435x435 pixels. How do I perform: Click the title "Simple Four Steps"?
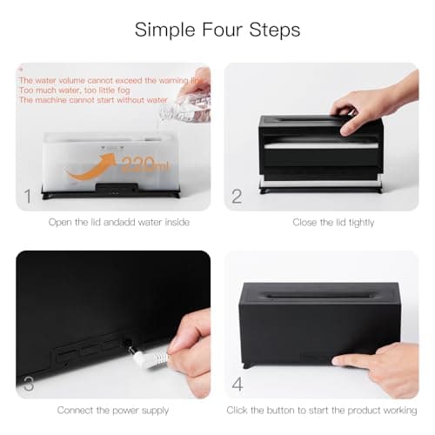click(217, 29)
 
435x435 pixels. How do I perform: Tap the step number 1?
click(29, 196)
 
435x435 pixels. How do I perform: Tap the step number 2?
click(237, 196)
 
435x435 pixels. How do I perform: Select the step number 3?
click(29, 383)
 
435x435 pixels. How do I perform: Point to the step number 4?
click(237, 383)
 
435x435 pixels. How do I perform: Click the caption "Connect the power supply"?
click(112, 410)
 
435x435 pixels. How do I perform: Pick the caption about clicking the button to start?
click(322, 410)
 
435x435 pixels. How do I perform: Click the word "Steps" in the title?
click(271, 29)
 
